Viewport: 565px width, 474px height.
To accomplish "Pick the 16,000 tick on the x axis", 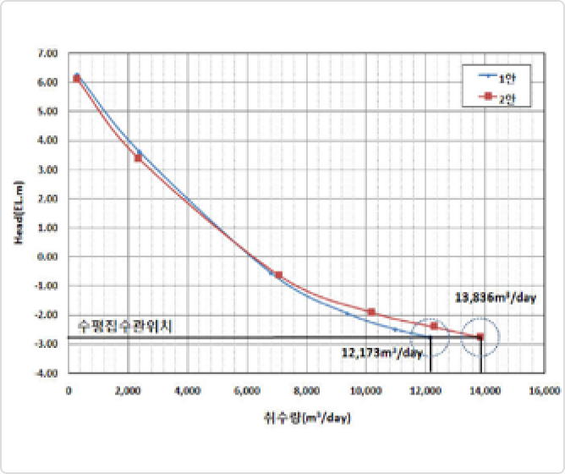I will click(x=544, y=391).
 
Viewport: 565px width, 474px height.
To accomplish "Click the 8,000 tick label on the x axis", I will click(x=306, y=391).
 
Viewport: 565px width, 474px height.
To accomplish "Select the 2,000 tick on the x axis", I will click(x=128, y=391).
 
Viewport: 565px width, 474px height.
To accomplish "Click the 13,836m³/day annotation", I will click(x=496, y=297).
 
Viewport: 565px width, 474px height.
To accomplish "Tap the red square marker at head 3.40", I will click(x=138, y=158).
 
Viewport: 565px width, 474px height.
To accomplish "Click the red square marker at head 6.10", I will click(x=77, y=79).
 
